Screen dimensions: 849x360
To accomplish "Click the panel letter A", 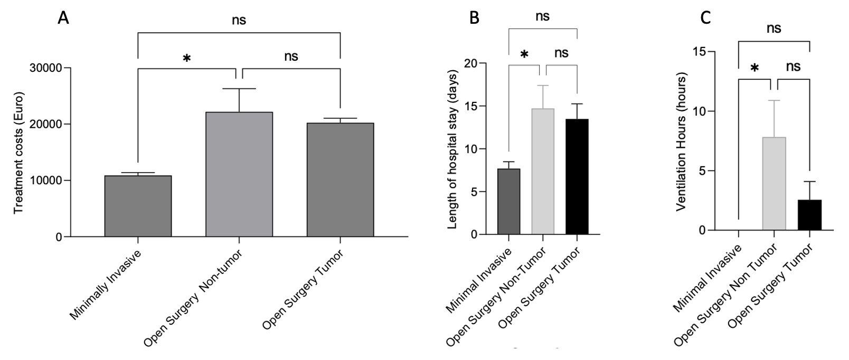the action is click(x=63, y=18).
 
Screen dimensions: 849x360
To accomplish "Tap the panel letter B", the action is click(x=475, y=17).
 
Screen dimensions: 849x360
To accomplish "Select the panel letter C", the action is click(x=705, y=18).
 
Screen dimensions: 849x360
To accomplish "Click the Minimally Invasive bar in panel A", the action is click(x=138, y=206).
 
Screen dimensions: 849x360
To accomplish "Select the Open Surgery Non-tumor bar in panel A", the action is click(x=239, y=174).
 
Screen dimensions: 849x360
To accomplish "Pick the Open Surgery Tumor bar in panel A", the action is click(x=341, y=180).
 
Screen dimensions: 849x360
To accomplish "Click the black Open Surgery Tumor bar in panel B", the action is click(x=577, y=177).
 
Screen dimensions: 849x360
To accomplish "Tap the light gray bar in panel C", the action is click(x=774, y=183).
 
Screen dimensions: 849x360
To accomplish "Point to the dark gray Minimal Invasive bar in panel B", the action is click(x=508, y=202).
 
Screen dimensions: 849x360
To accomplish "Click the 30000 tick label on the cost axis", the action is click(x=45, y=68).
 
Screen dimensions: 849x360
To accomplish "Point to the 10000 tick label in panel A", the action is click(x=45, y=181).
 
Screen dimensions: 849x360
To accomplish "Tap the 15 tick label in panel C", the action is click(x=700, y=52).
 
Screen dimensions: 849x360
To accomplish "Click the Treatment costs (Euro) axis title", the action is click(x=19, y=153).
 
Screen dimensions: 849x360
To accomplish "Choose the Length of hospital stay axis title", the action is click(x=453, y=149).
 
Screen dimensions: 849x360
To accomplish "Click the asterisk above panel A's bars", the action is click(x=186, y=59).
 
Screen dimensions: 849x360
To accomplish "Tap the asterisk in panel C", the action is click(x=754, y=68).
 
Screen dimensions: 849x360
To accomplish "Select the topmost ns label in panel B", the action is click(x=542, y=16).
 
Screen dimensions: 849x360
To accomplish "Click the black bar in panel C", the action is click(x=809, y=215).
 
